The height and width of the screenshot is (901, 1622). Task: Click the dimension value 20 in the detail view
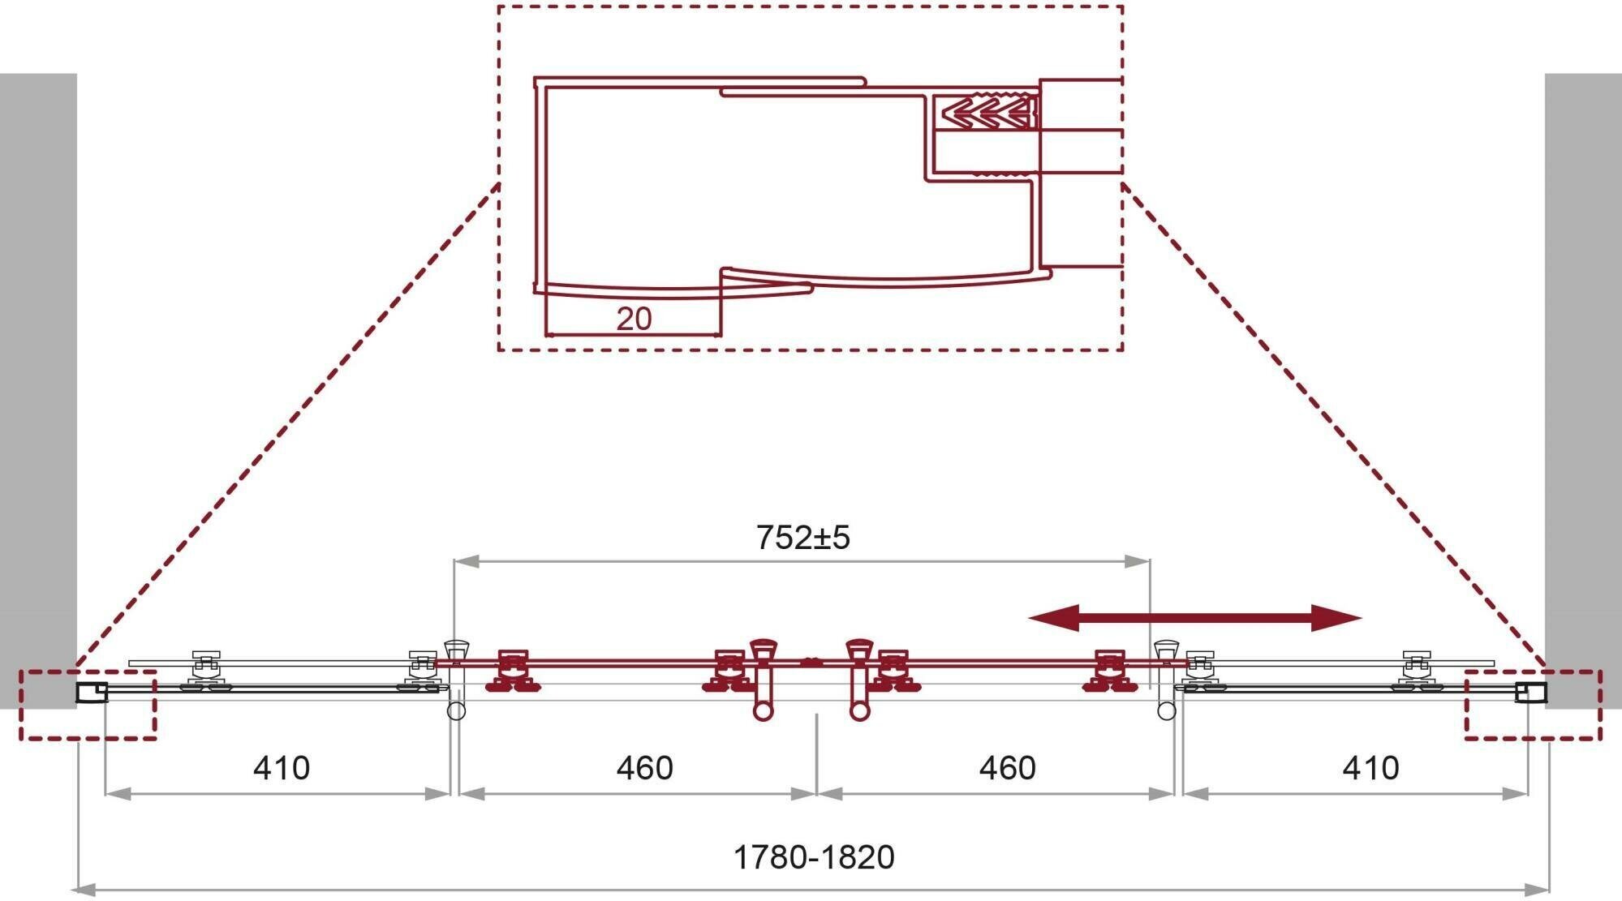634,319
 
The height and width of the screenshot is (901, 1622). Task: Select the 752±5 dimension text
802,538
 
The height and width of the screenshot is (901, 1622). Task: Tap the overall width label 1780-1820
813,857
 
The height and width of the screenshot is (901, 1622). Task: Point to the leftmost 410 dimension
281,767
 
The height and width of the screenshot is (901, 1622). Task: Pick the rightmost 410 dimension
1370,767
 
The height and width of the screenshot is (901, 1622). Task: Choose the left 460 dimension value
644,767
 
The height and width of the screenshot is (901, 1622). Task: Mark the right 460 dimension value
1007,767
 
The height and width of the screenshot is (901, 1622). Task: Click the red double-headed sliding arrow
1194,618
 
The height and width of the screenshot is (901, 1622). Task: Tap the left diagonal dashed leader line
284,430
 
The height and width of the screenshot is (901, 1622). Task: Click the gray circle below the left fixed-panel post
456,711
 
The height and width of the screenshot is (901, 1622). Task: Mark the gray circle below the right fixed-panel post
1166,711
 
